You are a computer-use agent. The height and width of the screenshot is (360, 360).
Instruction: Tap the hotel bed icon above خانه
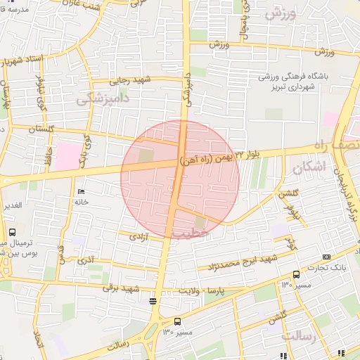[81, 192]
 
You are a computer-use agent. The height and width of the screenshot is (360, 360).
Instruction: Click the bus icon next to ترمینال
[12, 232]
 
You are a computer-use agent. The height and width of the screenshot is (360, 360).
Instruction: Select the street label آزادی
[138, 238]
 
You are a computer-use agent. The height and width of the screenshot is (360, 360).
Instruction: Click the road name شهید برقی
[118, 287]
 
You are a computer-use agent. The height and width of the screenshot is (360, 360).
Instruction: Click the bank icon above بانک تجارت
[326, 257]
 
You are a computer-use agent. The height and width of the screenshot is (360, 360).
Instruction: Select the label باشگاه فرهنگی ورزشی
[289, 77]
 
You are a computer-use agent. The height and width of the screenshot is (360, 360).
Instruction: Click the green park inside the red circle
[147, 156]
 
